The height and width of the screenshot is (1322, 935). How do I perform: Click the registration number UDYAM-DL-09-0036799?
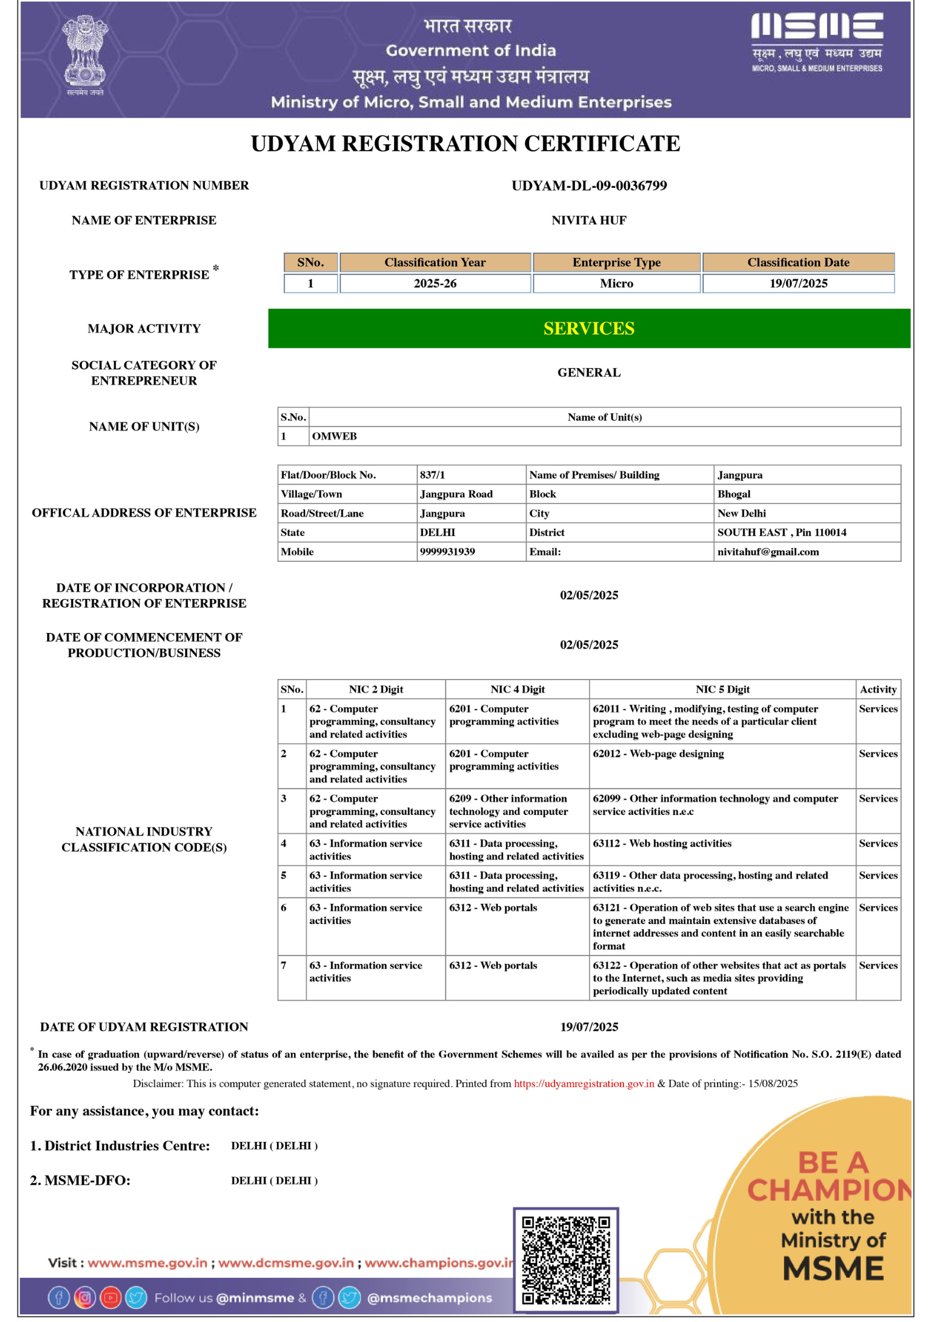click(589, 185)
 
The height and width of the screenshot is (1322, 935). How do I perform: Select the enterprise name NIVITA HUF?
click(589, 220)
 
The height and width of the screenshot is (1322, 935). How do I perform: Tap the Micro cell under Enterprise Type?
click(616, 283)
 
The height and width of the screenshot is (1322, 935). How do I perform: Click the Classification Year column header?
click(435, 262)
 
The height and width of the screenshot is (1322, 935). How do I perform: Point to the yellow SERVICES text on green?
click(589, 329)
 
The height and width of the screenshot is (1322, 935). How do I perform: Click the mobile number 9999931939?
click(447, 552)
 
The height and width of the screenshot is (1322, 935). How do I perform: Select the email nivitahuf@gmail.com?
click(768, 552)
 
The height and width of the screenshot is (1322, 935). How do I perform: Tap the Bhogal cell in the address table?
click(734, 494)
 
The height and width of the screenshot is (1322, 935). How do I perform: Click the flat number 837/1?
click(432, 475)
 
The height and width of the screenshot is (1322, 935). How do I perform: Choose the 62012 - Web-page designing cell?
click(658, 754)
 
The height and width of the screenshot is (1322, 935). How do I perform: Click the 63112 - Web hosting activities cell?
click(662, 843)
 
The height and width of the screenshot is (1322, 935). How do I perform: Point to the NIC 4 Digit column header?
click(517, 689)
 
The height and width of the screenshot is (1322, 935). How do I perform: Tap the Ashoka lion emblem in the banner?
click(85, 53)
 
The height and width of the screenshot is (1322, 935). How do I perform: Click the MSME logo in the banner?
click(817, 41)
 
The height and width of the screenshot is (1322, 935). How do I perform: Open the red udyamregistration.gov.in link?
click(583, 1084)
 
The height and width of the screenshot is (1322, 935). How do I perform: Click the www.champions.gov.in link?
click(439, 1263)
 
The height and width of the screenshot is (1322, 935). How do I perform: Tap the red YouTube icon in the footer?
click(110, 1298)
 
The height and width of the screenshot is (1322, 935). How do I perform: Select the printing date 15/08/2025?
click(773, 1084)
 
